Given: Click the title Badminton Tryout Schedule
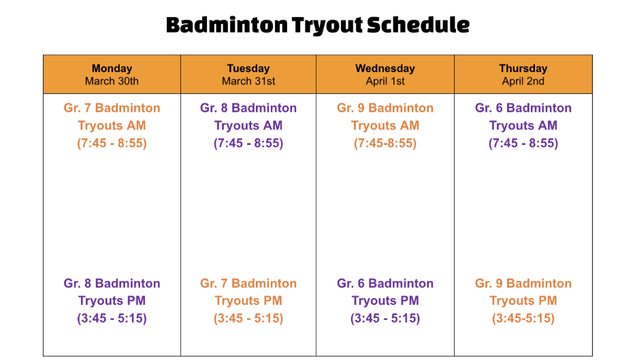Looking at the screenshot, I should [x=318, y=25].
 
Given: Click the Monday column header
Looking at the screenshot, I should [x=112, y=68].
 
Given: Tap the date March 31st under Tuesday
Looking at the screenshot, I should [x=248, y=81].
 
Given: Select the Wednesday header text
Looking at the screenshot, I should [x=385, y=68].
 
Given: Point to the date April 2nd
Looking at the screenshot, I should [x=523, y=81].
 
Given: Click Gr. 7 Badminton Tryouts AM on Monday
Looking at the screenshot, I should [x=112, y=116].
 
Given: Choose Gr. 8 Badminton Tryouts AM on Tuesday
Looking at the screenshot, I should [x=248, y=116].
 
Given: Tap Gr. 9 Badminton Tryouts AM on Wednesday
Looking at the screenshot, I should [x=385, y=116].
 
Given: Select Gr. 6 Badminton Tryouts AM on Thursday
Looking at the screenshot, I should [x=523, y=116].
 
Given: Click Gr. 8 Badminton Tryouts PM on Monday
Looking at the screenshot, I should [x=112, y=292].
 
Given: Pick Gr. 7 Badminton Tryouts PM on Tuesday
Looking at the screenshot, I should [x=248, y=292].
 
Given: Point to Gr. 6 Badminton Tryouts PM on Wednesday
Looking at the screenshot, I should [x=385, y=292].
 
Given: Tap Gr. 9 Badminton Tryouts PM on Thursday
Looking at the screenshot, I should [x=523, y=292].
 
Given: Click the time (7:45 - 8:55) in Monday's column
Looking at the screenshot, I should [x=112, y=144].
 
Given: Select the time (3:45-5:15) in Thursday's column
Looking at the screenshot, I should [x=523, y=318].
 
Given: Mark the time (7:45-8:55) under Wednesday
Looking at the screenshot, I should [x=385, y=144].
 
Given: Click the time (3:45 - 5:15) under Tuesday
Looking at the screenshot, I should [x=248, y=318].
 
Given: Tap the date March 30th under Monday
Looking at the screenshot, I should [x=112, y=81].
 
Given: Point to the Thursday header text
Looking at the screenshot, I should [x=523, y=68].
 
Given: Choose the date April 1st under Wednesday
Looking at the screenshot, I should [x=385, y=81].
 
